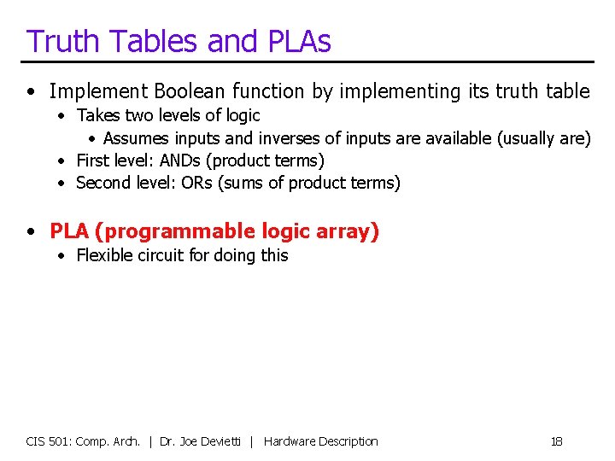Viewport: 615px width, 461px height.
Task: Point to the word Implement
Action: (94, 91)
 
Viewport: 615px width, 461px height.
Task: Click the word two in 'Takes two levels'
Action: (139, 115)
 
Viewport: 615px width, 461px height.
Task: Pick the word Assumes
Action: (137, 138)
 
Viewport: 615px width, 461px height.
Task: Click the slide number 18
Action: (556, 441)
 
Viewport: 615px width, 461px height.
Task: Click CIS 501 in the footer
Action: (48, 441)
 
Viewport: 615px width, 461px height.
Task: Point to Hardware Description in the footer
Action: (321, 441)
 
